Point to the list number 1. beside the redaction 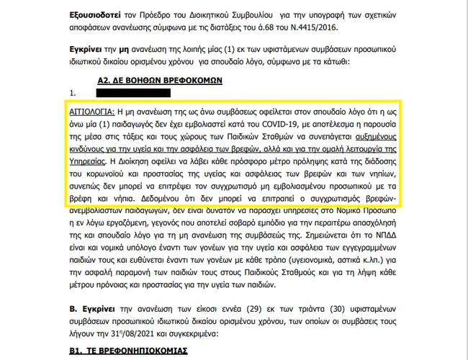coord(73,93)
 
